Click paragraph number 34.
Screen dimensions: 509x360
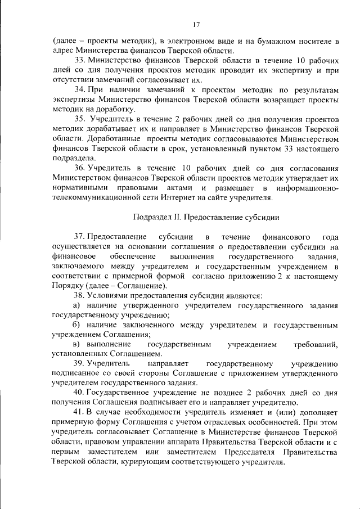pyautogui.click(x=79, y=90)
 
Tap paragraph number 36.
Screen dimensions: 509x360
pyautogui.click(x=79, y=168)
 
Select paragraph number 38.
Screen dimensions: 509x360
pyautogui.click(x=79, y=295)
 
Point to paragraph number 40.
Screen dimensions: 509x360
pyautogui.click(x=79, y=392)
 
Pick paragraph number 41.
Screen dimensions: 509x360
pyautogui.click(x=79, y=412)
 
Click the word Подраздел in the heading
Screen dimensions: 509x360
pyautogui.click(x=154, y=217)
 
